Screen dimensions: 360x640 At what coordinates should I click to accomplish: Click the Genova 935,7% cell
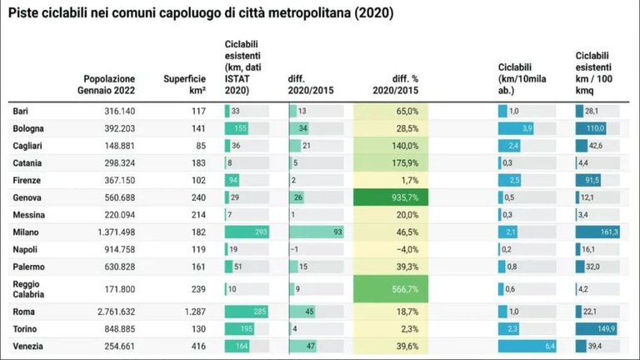click(390, 197)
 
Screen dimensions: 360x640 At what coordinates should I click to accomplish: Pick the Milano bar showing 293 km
click(247, 232)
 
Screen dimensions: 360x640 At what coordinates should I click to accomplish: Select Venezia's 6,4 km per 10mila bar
click(527, 346)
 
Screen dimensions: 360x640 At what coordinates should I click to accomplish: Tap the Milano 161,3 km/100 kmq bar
click(597, 232)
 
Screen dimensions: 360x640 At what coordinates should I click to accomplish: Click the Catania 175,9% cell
click(390, 163)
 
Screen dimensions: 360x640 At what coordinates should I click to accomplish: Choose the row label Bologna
click(28, 128)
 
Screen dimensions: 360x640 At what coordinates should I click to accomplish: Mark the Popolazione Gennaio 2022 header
click(109, 84)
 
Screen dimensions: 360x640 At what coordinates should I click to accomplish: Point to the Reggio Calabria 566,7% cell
click(390, 288)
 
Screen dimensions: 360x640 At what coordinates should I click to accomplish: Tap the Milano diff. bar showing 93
click(317, 232)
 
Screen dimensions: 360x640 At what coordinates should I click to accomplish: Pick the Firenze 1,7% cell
click(390, 180)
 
